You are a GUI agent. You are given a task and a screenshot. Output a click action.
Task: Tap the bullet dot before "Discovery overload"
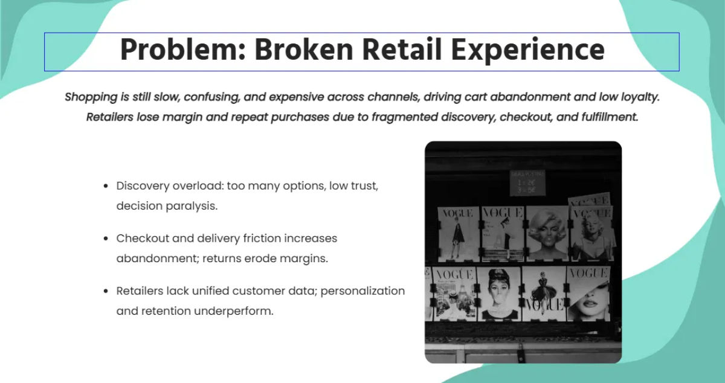tap(106, 187)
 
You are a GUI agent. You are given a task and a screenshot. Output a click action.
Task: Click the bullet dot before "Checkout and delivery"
tap(106, 239)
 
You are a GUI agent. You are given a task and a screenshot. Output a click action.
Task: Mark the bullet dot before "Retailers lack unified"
tap(106, 292)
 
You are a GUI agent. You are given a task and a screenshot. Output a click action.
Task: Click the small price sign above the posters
tap(527, 182)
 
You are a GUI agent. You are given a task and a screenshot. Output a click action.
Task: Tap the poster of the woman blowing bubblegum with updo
tap(500, 293)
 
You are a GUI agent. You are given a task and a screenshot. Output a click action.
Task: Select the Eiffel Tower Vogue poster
tap(454, 293)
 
